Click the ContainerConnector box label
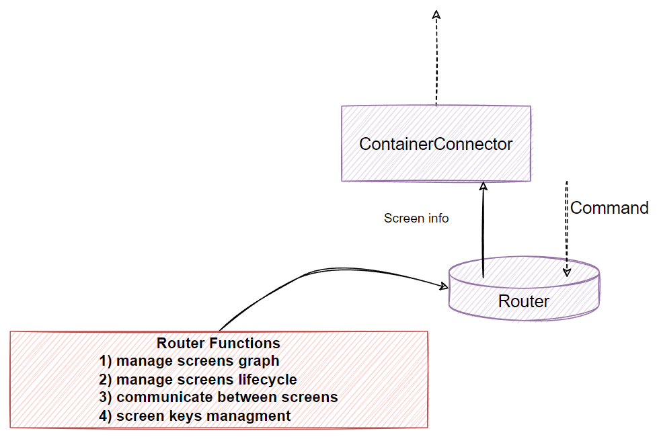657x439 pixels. (436, 144)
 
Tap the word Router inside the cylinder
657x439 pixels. (523, 301)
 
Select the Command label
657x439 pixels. (609, 208)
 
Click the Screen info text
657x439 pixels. (416, 218)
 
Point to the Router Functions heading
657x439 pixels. (219, 343)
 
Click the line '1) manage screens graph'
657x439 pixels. (189, 361)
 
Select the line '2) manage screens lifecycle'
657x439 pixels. (198, 379)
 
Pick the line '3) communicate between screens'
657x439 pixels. (219, 397)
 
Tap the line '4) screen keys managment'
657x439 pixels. (195, 415)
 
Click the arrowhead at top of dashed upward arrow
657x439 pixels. (436, 14)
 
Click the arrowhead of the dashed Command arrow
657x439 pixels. (567, 272)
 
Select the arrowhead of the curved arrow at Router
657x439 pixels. (445, 286)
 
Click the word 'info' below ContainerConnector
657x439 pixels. (438, 218)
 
